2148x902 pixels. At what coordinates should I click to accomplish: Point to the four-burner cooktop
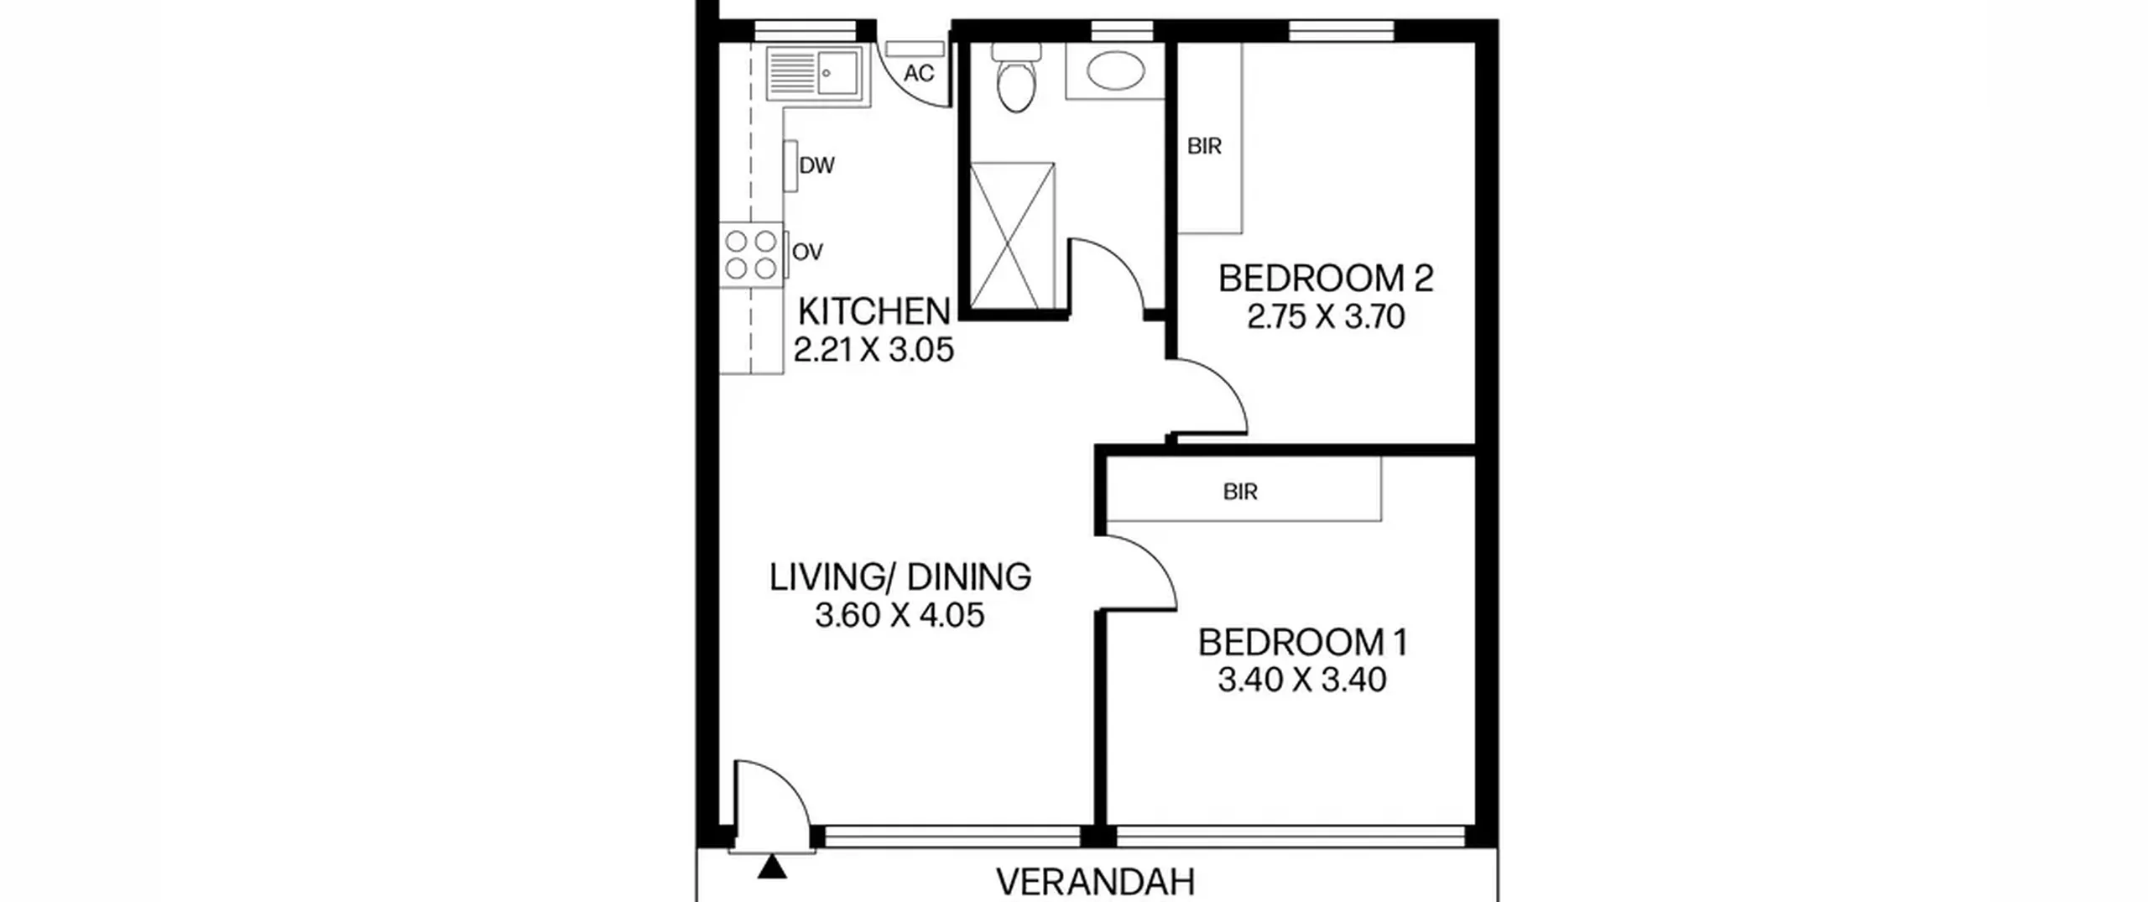pyautogui.click(x=751, y=255)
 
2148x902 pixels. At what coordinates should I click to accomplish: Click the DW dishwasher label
pyautogui.click(x=816, y=166)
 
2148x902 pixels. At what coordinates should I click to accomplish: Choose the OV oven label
pyautogui.click(x=807, y=252)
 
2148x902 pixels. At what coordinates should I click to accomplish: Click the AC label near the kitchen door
pyautogui.click(x=919, y=74)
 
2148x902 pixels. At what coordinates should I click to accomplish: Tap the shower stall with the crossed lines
pyautogui.click(x=1012, y=236)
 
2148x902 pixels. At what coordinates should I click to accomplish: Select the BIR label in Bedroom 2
pyautogui.click(x=1204, y=147)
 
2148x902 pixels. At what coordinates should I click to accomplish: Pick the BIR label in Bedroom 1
pyautogui.click(x=1240, y=492)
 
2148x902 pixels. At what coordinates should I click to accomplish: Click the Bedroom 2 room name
pyautogui.click(x=1326, y=279)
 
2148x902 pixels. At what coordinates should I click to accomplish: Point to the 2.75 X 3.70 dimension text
pyautogui.click(x=1326, y=317)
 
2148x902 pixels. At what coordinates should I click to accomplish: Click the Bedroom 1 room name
pyautogui.click(x=1302, y=643)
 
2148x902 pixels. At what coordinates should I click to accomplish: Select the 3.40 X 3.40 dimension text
pyautogui.click(x=1302, y=680)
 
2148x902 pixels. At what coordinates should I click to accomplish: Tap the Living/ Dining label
pyautogui.click(x=900, y=577)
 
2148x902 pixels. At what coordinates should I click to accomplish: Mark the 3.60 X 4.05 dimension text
pyautogui.click(x=899, y=615)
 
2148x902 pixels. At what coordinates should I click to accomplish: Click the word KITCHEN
pyautogui.click(x=874, y=312)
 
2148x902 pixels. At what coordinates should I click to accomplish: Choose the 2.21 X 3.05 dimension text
pyautogui.click(x=874, y=350)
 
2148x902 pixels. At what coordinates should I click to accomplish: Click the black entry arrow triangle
pyautogui.click(x=772, y=868)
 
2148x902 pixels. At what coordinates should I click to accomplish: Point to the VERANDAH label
pyautogui.click(x=1095, y=883)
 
